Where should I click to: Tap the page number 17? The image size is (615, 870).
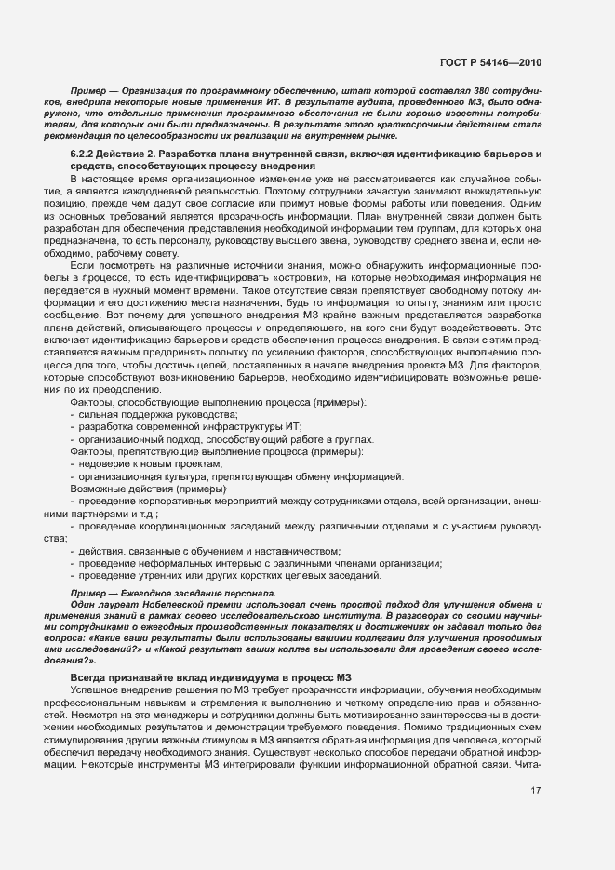pyautogui.click(x=536, y=791)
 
